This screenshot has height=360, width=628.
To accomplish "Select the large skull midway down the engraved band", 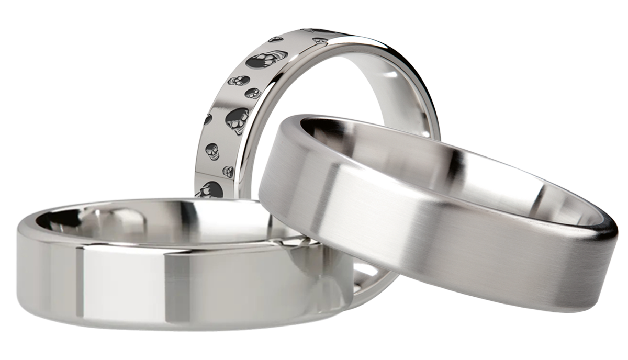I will tap(237, 120).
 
